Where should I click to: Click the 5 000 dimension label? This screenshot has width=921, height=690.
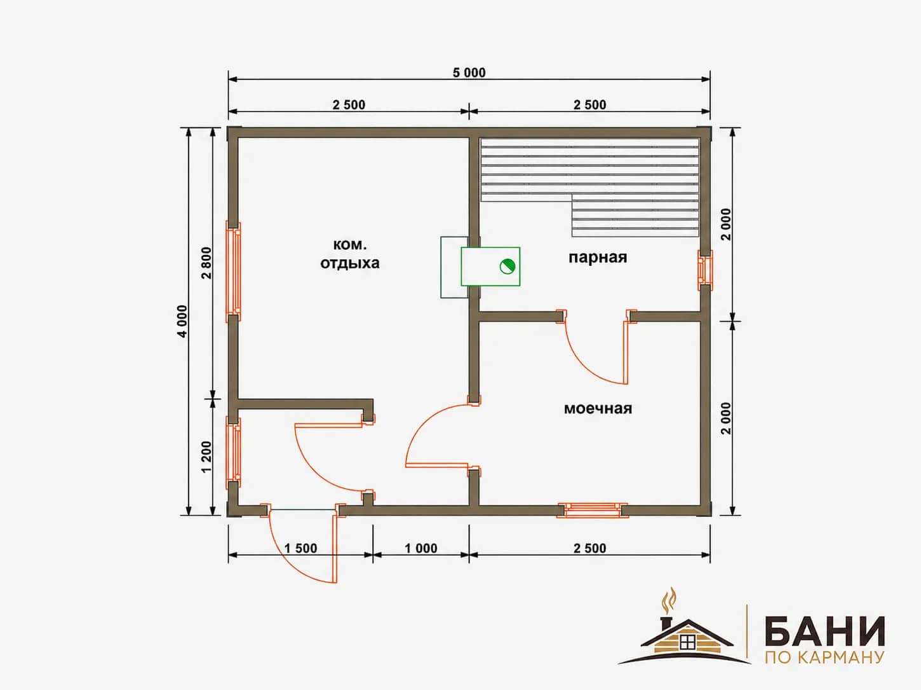(469, 72)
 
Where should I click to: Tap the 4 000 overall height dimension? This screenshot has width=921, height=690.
(182, 321)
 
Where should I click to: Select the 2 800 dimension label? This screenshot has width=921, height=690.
(206, 263)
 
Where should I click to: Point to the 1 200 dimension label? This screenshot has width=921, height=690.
(206, 457)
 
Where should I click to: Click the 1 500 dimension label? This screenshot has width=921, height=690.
(300, 548)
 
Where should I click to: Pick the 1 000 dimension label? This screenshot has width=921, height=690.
(421, 548)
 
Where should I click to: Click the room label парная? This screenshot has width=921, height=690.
(598, 257)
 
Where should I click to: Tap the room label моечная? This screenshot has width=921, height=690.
(598, 408)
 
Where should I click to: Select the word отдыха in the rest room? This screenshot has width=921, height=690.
(350, 263)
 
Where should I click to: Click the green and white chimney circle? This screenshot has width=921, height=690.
(508, 266)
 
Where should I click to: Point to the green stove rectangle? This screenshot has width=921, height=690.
(490, 266)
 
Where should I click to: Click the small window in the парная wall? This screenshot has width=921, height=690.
(705, 270)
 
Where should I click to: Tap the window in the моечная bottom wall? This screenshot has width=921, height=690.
(593, 510)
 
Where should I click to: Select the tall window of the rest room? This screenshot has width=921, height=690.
(233, 272)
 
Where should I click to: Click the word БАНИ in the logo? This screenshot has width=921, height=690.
(824, 631)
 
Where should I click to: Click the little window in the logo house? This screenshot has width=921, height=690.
(687, 641)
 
